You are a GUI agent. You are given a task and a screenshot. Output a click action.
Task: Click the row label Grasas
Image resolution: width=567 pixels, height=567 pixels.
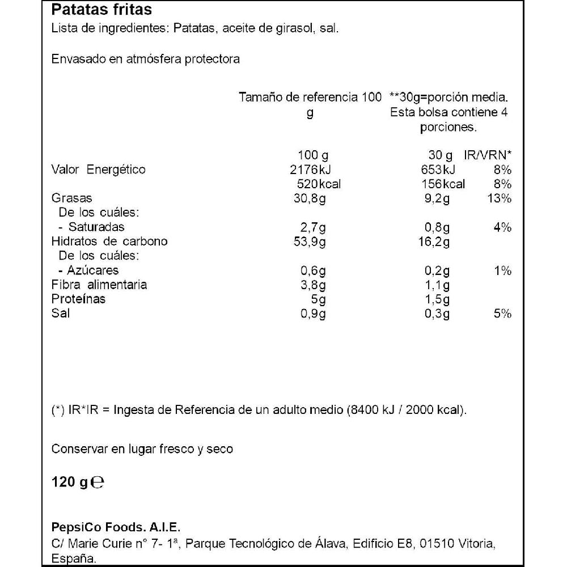[71, 198]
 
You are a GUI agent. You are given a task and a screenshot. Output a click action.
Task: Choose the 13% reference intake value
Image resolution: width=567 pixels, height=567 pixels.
[500, 198]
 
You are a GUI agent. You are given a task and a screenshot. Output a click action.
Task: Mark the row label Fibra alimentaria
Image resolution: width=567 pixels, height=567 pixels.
[99, 285]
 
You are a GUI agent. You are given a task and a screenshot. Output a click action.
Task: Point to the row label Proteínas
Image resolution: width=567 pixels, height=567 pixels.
[78, 299]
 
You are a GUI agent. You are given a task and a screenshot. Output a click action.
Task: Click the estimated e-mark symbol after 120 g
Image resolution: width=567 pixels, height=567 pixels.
[98, 483]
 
